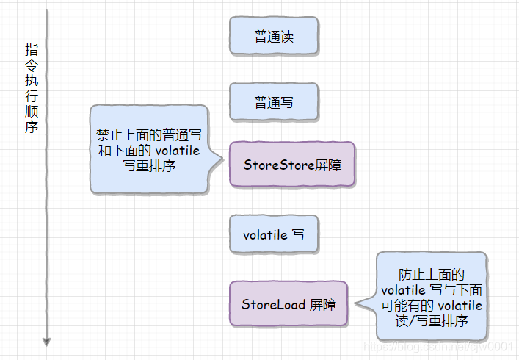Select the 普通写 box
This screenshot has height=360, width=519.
(x=274, y=102)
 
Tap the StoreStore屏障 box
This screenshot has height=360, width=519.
(x=291, y=165)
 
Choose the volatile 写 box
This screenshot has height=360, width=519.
(x=274, y=234)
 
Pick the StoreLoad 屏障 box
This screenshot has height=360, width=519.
(x=288, y=303)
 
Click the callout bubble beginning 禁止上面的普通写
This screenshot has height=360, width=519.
(x=149, y=150)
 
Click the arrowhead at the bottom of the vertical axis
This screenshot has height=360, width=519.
(x=47, y=342)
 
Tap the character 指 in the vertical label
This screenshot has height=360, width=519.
(x=32, y=50)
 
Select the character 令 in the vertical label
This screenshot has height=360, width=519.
(x=32, y=65)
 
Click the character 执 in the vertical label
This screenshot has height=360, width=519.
(x=32, y=81)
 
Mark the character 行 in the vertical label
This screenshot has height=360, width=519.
(x=32, y=96)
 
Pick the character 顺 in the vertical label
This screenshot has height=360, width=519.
(x=32, y=112)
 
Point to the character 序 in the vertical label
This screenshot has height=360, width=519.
(x=32, y=127)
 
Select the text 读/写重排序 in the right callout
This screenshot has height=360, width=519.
(x=432, y=321)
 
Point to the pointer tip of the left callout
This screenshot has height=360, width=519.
(x=225, y=156)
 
